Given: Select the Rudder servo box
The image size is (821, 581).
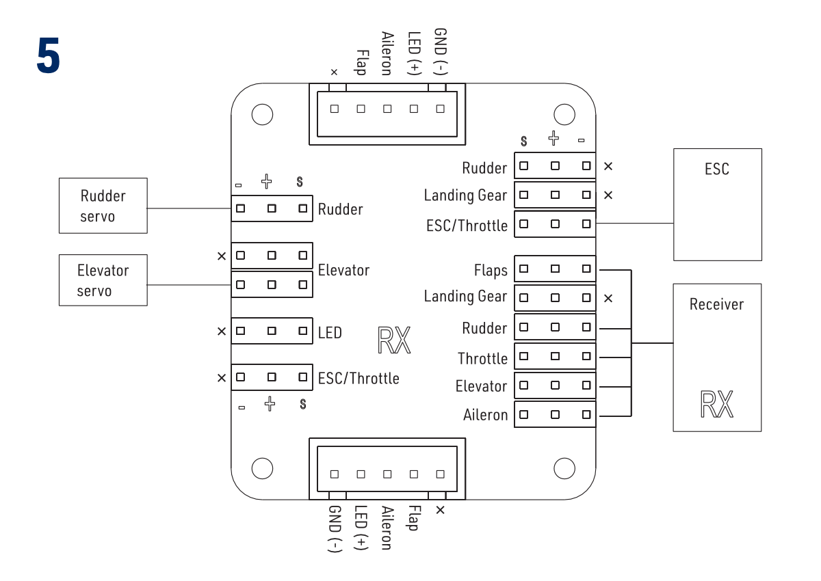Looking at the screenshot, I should click(103, 206).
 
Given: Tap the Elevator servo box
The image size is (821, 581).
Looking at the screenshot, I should click(103, 280).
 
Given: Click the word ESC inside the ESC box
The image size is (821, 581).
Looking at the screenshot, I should click(717, 169).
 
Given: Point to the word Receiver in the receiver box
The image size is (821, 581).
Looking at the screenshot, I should click(716, 304).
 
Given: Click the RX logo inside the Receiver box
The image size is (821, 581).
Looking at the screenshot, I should click(716, 404).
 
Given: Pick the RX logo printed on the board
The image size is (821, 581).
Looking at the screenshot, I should click(394, 340).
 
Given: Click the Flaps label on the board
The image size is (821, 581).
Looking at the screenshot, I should click(491, 271).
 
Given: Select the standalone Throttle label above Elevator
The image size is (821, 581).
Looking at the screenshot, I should click(482, 359).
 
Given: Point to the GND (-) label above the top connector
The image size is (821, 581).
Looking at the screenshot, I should click(441, 52).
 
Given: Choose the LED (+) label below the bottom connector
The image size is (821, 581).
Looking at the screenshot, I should click(361, 528).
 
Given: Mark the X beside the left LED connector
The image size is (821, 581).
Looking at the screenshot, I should click(221, 332).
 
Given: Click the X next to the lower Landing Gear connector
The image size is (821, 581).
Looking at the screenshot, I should click(608, 298).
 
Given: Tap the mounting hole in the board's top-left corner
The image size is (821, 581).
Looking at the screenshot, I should click(262, 114).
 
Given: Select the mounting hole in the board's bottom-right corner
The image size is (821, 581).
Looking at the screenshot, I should click(564, 468).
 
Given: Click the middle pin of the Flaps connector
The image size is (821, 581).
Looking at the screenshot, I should click(555, 269).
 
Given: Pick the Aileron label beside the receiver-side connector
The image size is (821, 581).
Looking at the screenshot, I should click(485, 415).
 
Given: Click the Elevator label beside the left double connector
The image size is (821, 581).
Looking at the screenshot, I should click(343, 271).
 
